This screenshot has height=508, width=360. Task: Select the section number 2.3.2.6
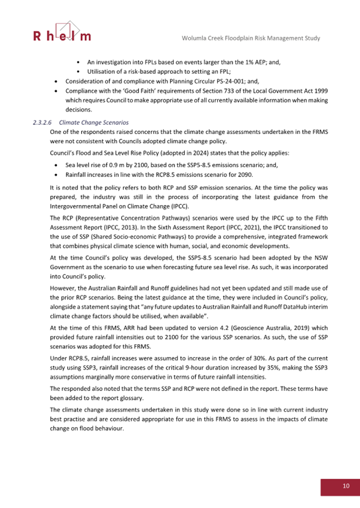(x=44, y=122)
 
